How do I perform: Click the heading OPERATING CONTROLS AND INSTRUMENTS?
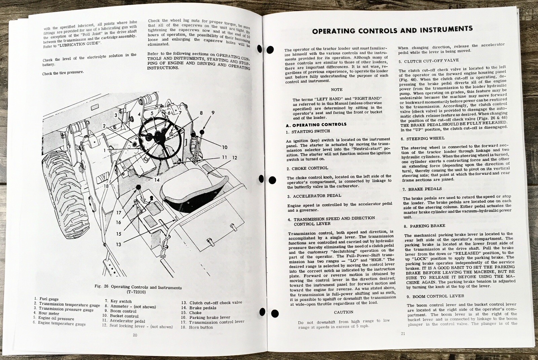pyautogui.click(x=392, y=30)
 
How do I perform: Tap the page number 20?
pyautogui.click(x=135, y=335)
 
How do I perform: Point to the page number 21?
pyautogui.click(x=403, y=333)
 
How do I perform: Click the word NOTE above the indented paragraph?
pyautogui.click(x=337, y=89)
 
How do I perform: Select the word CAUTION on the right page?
pyautogui.click(x=344, y=312)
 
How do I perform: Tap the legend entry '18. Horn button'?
pyautogui.click(x=201, y=327)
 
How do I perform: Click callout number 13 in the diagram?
pyautogui.click(x=118, y=244)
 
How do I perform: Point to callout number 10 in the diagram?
pyautogui.click(x=224, y=147)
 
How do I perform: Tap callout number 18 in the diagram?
pyautogui.click(x=106, y=186)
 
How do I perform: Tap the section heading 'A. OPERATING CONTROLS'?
pyautogui.click(x=311, y=124)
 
